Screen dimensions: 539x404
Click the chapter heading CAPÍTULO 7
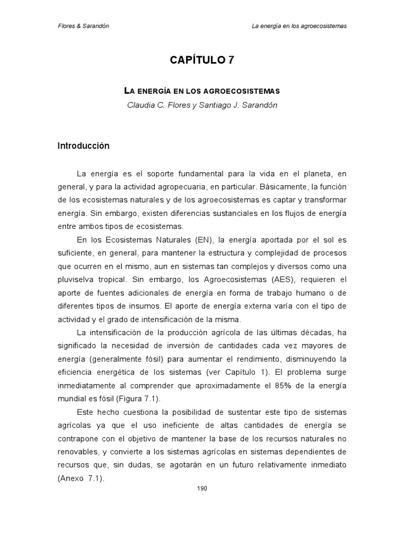pyautogui.click(x=201, y=61)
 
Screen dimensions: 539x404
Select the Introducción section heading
pyautogui.click(x=84, y=146)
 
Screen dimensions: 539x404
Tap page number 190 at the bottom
pyautogui.click(x=202, y=488)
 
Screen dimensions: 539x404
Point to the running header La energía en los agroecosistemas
pyautogui.click(x=299, y=26)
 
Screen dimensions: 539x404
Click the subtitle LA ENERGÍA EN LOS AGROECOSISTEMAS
pyautogui.click(x=202, y=91)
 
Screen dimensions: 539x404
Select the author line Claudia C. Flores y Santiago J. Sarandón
pyautogui.click(x=202, y=105)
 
